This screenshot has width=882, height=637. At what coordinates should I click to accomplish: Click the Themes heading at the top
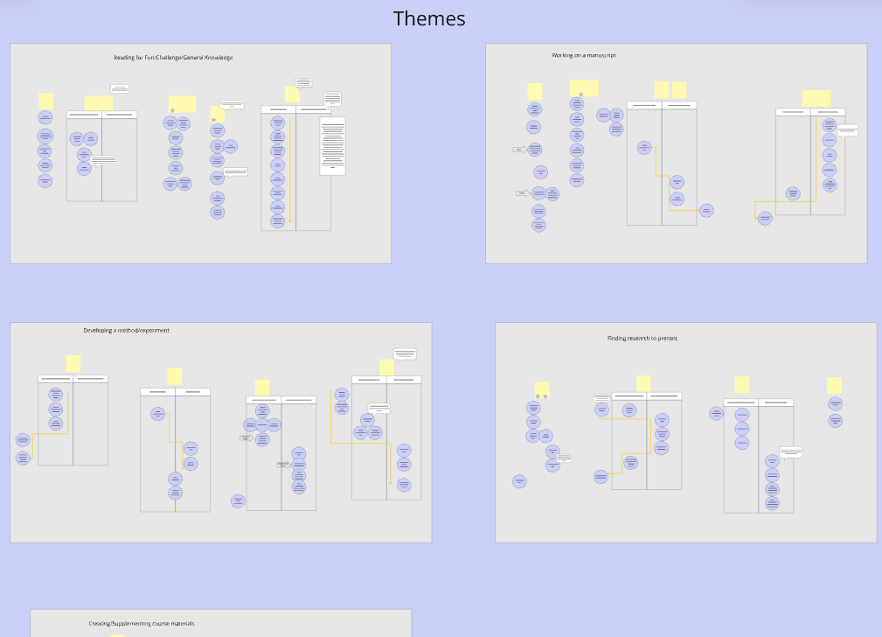[429, 18]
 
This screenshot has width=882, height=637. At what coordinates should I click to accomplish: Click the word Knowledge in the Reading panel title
[217, 58]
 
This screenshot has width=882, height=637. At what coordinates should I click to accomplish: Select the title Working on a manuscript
[583, 55]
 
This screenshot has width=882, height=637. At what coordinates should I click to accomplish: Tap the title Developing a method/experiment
[127, 331]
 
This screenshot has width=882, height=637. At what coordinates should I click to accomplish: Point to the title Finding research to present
[642, 339]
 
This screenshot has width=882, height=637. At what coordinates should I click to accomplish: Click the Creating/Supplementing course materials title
[142, 624]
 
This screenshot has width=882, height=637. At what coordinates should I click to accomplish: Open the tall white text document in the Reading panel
[333, 145]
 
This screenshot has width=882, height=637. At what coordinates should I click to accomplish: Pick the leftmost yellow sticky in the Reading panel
[46, 101]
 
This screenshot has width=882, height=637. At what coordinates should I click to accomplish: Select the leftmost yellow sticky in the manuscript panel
[535, 91]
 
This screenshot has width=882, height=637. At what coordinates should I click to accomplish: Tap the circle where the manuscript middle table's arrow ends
[706, 210]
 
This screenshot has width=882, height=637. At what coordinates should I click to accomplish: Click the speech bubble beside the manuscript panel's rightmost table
[848, 130]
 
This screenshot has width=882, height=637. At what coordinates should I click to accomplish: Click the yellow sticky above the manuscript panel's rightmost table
[816, 98]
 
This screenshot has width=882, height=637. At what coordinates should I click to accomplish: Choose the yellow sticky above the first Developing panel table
[73, 363]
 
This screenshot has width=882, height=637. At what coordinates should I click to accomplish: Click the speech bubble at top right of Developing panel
[405, 354]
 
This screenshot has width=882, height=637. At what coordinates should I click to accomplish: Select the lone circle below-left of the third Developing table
[238, 500]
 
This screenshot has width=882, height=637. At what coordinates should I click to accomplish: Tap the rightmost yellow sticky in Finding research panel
[834, 385]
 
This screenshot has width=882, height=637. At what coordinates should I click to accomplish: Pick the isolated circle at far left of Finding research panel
[519, 481]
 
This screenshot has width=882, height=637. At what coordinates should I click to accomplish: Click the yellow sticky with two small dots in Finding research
[542, 388]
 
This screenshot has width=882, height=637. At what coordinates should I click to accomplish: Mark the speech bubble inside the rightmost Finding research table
[791, 452]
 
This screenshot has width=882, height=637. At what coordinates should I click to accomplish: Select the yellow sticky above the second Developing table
[175, 376]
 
